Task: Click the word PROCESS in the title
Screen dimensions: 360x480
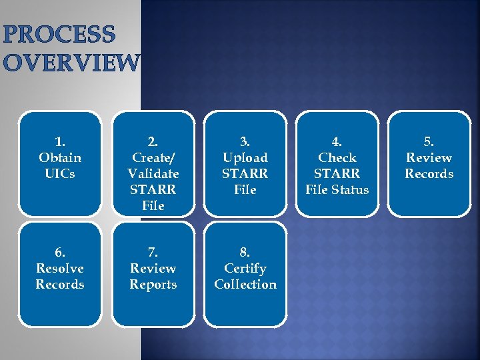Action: [x=59, y=35]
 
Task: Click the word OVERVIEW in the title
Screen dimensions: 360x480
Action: [x=71, y=62]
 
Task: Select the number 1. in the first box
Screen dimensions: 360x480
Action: [x=60, y=141]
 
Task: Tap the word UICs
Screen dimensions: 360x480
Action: [x=60, y=173]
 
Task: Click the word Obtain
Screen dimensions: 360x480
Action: [x=60, y=157]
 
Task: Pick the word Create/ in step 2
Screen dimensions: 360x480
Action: [x=153, y=157]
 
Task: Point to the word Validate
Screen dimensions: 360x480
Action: [x=153, y=173]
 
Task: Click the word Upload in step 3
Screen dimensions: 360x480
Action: [x=245, y=157]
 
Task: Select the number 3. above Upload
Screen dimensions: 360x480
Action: [x=245, y=141]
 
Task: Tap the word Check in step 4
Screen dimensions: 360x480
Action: [x=337, y=157]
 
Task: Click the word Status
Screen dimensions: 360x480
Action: [x=351, y=189]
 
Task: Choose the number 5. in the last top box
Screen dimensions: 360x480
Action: [x=429, y=141]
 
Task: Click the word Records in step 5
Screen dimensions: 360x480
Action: [x=429, y=173]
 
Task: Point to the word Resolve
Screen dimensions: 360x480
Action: [x=60, y=268]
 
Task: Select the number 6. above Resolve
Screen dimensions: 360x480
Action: [x=60, y=252]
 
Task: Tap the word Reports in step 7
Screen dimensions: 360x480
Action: [x=153, y=284]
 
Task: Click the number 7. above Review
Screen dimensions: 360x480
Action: [x=153, y=252]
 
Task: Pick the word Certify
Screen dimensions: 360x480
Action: [x=245, y=268]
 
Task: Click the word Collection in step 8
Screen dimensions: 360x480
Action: [x=245, y=284]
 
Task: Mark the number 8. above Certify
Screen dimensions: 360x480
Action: [x=245, y=252]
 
